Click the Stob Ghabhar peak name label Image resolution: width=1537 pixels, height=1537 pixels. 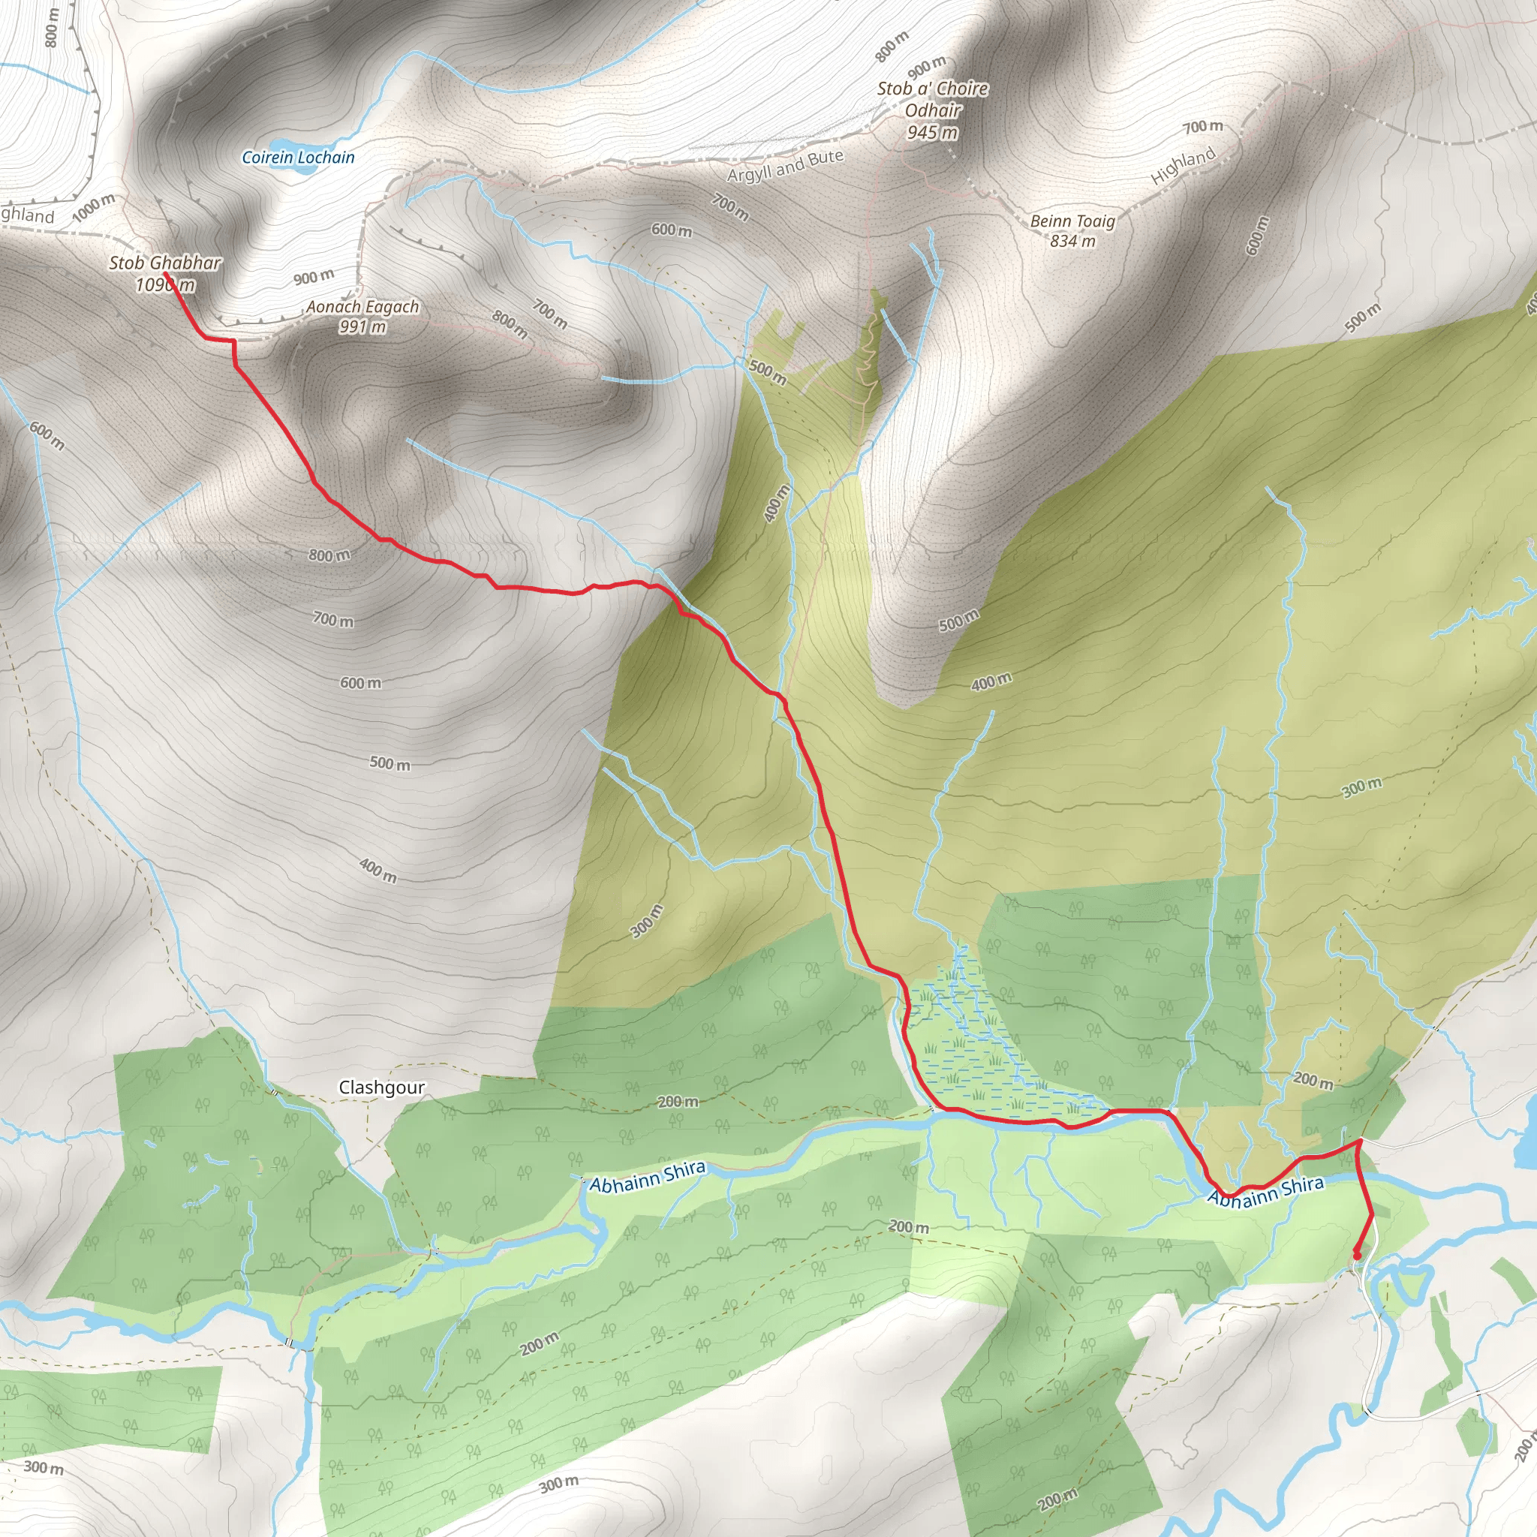164,263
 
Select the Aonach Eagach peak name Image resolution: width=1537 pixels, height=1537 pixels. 362,307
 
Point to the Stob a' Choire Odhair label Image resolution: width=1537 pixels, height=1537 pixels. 932,100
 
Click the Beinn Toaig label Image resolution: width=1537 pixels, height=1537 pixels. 1072,221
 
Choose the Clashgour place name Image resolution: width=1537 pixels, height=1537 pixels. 381,1087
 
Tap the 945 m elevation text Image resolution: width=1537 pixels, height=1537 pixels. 932,133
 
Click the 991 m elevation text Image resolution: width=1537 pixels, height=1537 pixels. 362,327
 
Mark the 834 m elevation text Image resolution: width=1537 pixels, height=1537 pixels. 1072,241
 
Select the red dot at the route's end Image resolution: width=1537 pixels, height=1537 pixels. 1356,1256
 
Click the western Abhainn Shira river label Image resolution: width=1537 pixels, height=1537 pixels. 647,1175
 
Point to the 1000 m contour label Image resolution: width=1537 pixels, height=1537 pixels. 94,209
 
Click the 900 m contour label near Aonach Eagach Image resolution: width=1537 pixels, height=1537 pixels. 314,277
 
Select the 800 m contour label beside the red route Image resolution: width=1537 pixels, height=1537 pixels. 329,555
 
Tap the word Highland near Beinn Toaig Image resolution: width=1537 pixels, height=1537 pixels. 1183,167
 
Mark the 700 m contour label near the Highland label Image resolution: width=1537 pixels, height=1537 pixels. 1202,127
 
